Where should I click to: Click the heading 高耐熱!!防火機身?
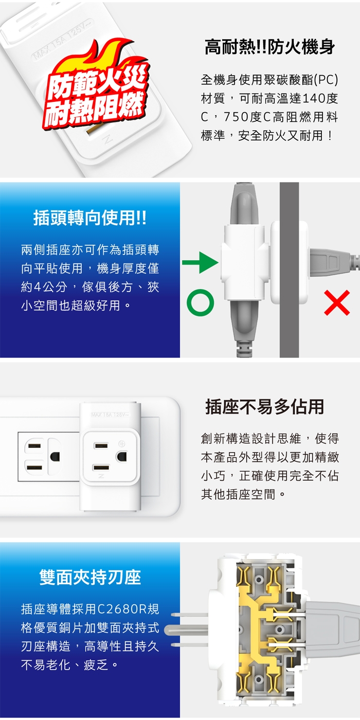pos(269,47)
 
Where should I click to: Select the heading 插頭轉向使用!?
pos(90,218)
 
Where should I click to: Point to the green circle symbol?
pos(200,302)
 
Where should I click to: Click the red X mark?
pos(337,302)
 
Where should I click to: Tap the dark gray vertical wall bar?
pos(289,269)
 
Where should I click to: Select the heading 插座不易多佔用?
pos(265,407)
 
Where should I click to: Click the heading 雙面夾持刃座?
pos(90,577)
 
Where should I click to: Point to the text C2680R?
pos(121,609)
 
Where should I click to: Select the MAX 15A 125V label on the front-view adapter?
pos(110,415)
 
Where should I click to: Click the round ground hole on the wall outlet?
pos(55,457)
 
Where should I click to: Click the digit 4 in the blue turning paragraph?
pos(37,287)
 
